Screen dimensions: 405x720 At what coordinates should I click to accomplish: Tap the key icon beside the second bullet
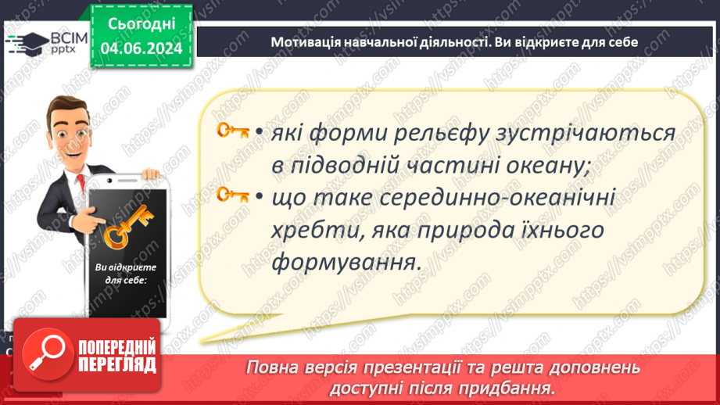point(233,195)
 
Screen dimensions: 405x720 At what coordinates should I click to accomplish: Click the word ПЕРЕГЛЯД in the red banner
point(116,365)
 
